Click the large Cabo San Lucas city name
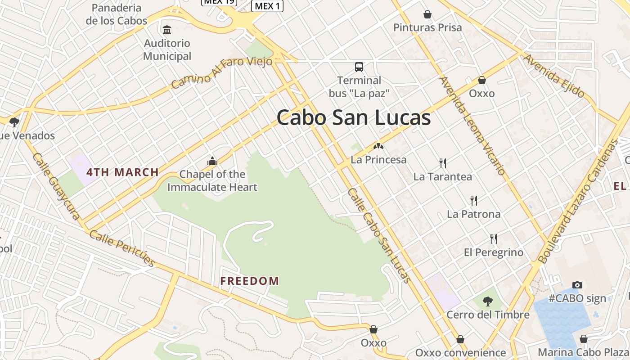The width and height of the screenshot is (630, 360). coord(354,118)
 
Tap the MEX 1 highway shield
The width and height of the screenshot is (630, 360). coord(267,6)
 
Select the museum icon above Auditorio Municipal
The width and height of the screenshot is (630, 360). coord(167,30)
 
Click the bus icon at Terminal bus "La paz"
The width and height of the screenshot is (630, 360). coord(359,67)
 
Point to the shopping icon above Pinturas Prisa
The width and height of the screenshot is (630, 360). coord(427,15)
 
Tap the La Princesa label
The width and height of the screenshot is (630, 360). coord(378,160)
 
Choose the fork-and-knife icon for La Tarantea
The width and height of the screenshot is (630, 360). coord(443,163)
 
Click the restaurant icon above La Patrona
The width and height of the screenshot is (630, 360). coord(473,200)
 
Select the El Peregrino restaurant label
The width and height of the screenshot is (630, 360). coord(494,252)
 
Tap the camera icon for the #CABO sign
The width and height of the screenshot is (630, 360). coord(577,285)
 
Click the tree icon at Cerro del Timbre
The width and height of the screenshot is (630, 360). coord(487,301)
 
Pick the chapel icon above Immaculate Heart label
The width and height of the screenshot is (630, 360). coord(212,161)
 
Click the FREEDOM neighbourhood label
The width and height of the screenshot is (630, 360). coord(250,281)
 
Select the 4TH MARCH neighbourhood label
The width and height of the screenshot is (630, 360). coord(122,172)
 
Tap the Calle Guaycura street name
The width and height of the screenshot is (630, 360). coord(56,186)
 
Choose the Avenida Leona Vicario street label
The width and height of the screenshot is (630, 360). coord(472,126)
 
